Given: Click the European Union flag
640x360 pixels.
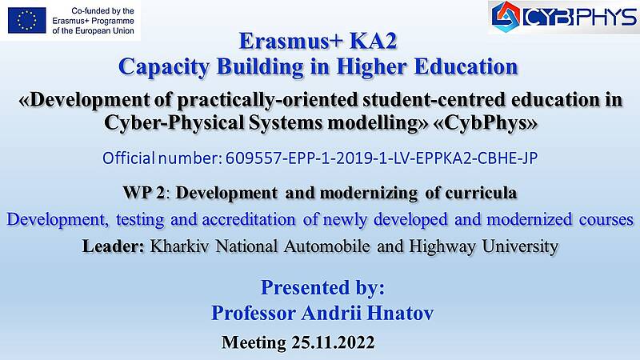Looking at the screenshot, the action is pyautogui.click(x=27, y=20).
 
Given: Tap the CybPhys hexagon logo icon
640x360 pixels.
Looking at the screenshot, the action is pyautogui.click(x=506, y=17).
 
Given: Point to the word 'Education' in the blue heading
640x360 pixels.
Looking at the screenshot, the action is pyautogui.click(x=466, y=66).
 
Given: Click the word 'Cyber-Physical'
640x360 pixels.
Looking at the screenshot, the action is pyautogui.click(x=174, y=122).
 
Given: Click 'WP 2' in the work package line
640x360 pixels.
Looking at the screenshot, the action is pyautogui.click(x=144, y=193).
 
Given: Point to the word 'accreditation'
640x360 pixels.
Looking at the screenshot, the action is pyautogui.click(x=249, y=219).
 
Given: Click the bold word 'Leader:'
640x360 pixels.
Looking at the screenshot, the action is pyautogui.click(x=114, y=246).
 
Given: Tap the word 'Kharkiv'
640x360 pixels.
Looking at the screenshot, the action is pyautogui.click(x=179, y=246).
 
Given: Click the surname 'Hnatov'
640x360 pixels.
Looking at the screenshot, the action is pyautogui.click(x=400, y=314).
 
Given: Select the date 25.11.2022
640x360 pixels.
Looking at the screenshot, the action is pyautogui.click(x=333, y=342).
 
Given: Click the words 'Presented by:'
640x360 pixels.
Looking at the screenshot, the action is pyautogui.click(x=322, y=288).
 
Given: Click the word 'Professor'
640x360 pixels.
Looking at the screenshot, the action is pyautogui.click(x=254, y=314).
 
